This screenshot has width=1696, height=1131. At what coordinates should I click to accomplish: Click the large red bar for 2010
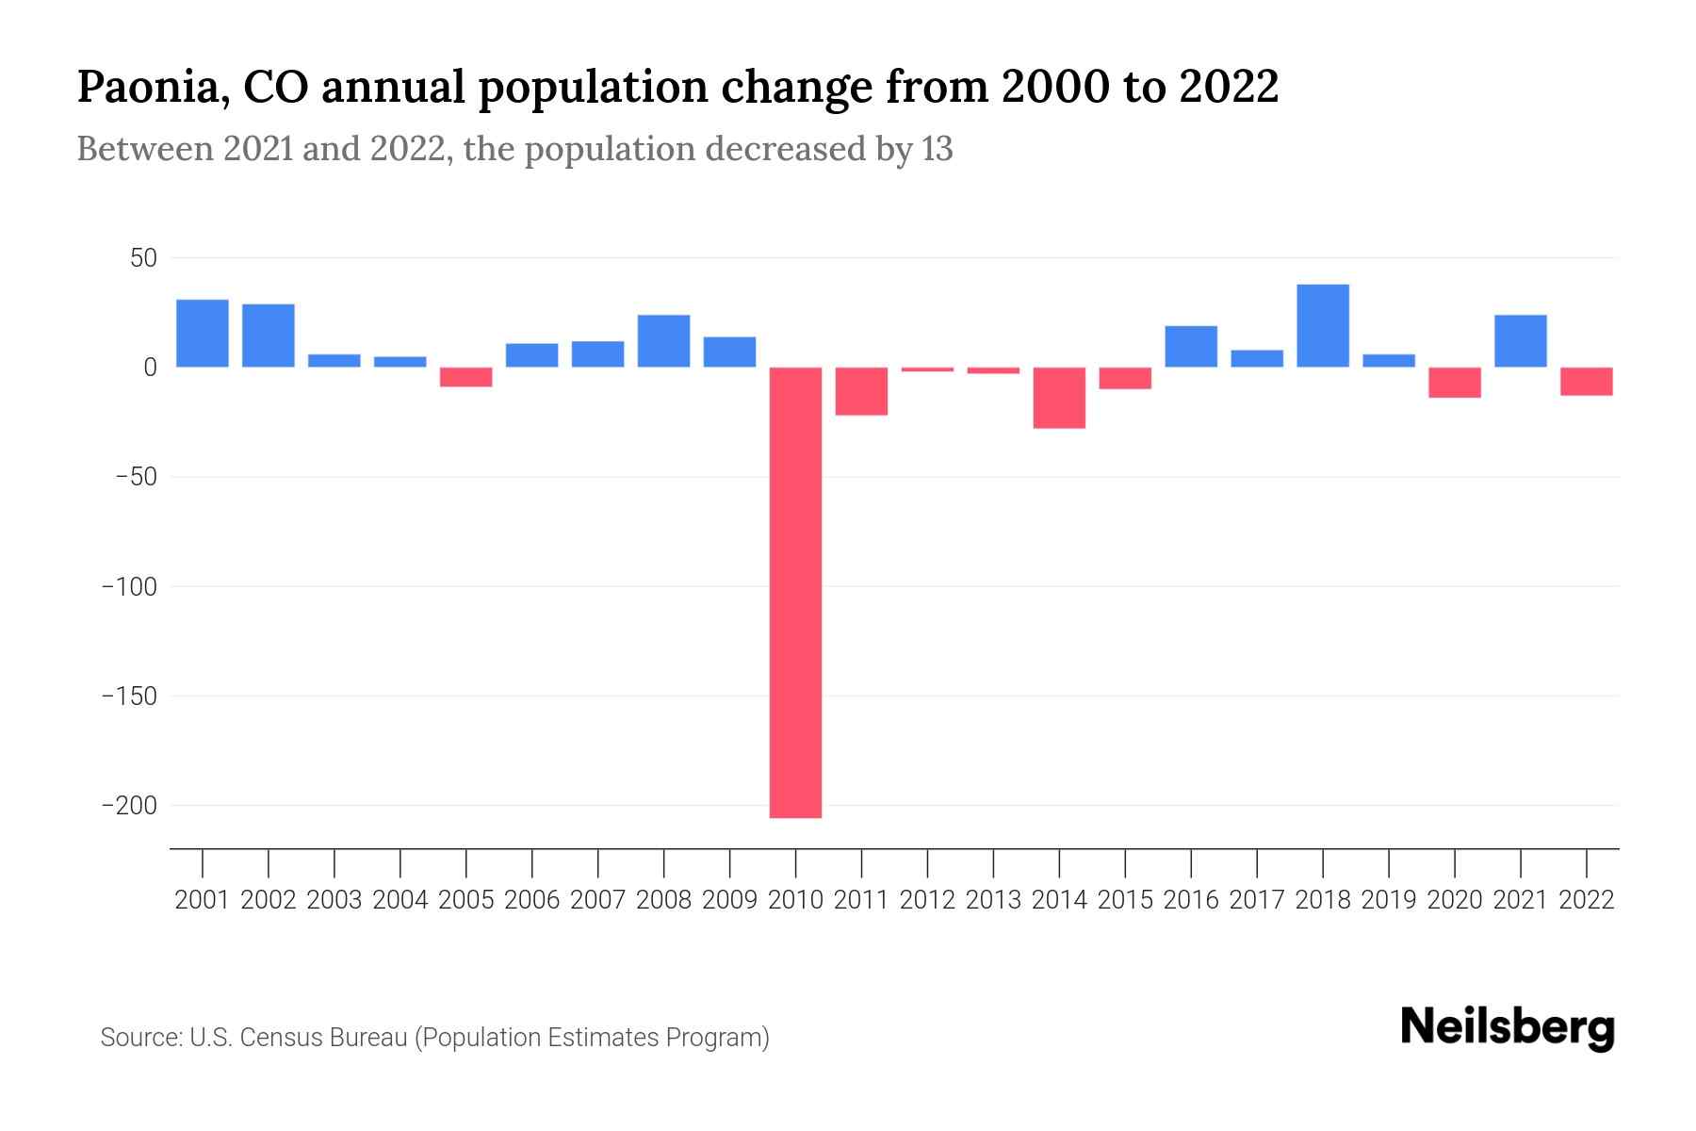[795, 592]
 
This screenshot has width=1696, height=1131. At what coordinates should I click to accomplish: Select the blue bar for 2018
[1323, 325]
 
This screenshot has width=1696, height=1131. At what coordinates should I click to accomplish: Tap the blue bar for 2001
[203, 333]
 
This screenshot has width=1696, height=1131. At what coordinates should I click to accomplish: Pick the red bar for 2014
[1059, 398]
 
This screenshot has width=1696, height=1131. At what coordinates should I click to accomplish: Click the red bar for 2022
[1587, 381]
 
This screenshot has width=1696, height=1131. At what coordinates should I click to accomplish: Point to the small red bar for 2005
[466, 377]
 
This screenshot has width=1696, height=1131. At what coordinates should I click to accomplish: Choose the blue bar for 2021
[1521, 340]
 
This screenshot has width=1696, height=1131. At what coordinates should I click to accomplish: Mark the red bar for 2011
[861, 391]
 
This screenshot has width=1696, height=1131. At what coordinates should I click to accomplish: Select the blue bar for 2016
[1191, 346]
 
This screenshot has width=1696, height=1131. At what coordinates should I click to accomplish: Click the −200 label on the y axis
[129, 806]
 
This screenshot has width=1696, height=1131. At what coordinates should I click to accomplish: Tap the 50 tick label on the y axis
[143, 258]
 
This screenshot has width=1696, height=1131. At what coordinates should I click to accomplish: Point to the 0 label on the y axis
[150, 368]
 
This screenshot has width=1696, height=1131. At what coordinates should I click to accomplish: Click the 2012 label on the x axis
[927, 900]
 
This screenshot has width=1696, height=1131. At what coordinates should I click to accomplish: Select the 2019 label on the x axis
[1389, 900]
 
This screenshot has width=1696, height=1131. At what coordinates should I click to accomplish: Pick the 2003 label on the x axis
[334, 900]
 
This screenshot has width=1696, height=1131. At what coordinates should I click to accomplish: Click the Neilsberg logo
[1508, 1027]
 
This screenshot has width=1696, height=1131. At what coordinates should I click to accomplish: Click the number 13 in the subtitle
[937, 149]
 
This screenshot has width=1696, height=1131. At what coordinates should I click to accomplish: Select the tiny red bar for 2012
[927, 369]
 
